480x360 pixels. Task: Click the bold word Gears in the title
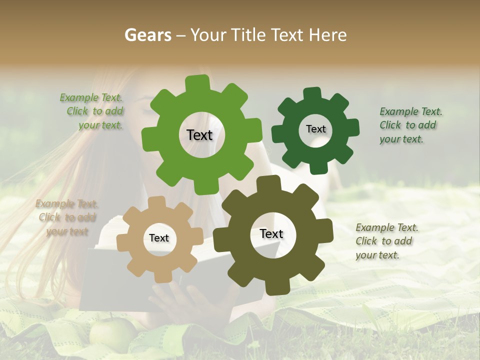[148, 35]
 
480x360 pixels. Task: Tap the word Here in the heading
[327, 35]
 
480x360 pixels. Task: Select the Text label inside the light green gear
[199, 135]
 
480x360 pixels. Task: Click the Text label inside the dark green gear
[315, 129]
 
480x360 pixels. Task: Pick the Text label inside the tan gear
[159, 238]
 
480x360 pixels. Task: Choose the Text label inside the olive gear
[271, 233]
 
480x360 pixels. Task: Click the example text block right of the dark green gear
[410, 125]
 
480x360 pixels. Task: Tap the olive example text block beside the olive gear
[386, 241]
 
